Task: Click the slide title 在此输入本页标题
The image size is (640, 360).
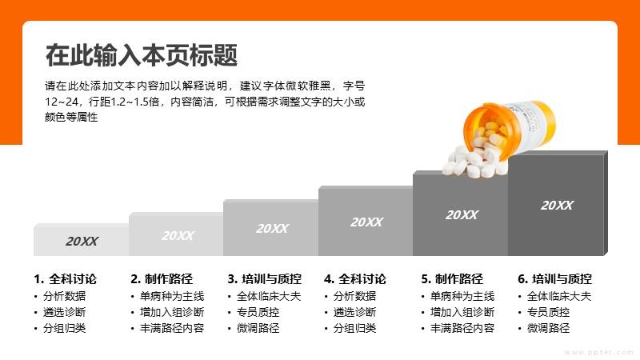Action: coord(142,55)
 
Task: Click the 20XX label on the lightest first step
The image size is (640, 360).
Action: coord(82,242)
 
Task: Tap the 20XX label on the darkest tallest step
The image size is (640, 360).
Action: coord(557,206)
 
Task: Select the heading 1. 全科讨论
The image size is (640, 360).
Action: coord(66,279)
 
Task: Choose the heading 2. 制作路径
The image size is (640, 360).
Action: coord(162,279)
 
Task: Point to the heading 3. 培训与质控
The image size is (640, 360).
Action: coord(265,279)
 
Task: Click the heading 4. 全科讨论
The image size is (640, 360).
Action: coord(355,279)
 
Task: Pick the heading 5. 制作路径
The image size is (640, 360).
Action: coord(452,279)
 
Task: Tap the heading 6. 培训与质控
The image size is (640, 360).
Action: coord(554,279)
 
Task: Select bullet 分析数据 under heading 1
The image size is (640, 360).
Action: coord(65,296)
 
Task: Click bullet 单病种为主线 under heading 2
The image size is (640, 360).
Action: coord(172,296)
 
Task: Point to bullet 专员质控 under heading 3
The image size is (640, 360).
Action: coord(258,312)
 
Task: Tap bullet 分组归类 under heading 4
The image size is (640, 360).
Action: coord(354,328)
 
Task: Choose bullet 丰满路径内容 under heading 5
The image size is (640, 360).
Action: coord(462,328)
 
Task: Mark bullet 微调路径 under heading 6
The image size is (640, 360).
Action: coord(548,328)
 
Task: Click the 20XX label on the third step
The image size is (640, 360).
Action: coord(272,229)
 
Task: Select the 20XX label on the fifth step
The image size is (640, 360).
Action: coord(462,215)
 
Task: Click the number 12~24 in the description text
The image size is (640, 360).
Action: coord(62,102)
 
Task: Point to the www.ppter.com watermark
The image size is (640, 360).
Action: coord(599,352)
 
